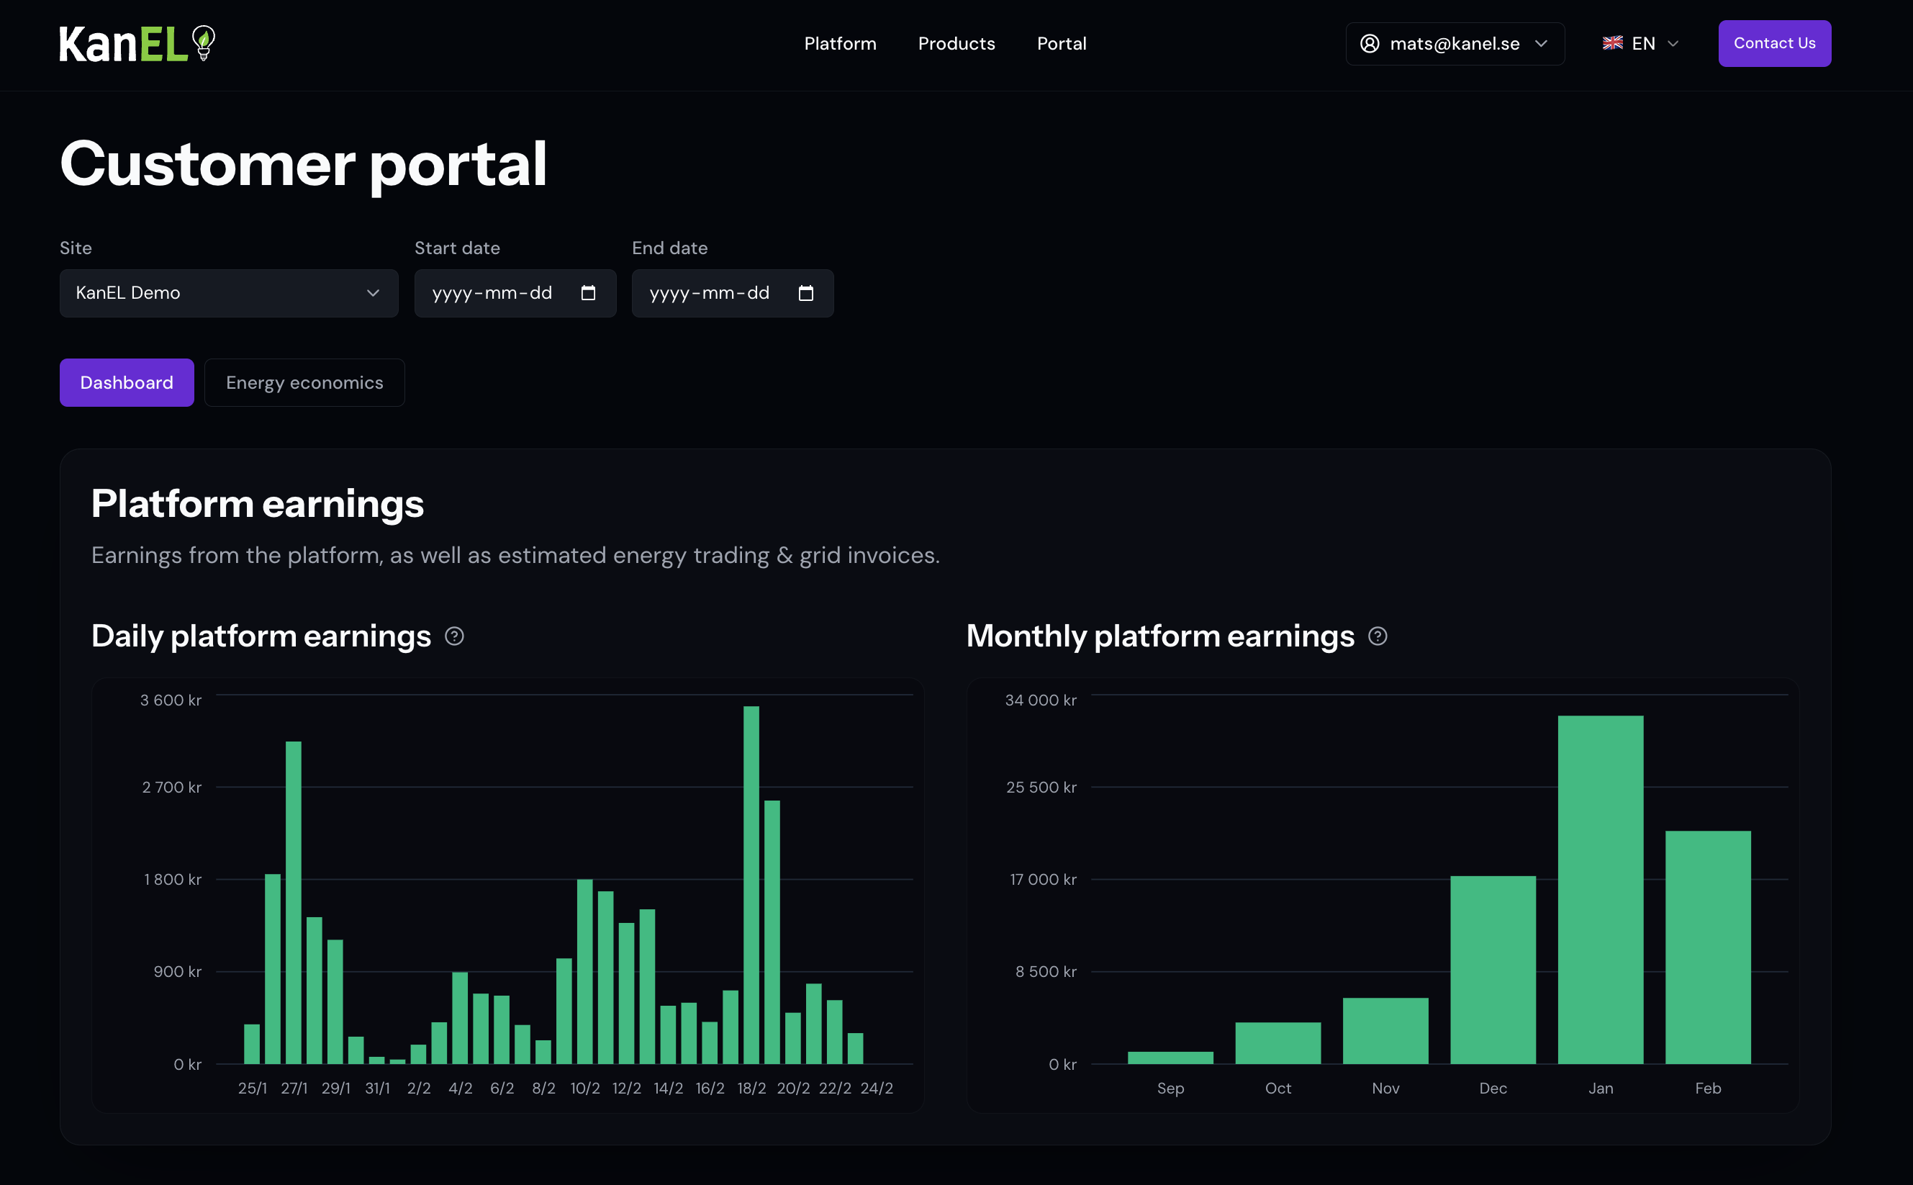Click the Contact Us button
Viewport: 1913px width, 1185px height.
tap(1773, 44)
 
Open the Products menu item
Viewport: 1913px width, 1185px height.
tap(956, 44)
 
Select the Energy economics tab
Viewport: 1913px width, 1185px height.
tap(304, 382)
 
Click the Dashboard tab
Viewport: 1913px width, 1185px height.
tap(127, 382)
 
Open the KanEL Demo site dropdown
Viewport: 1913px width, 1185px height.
tap(229, 293)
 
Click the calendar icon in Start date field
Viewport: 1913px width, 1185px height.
tap(588, 293)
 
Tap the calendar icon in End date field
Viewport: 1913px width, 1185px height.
tap(805, 293)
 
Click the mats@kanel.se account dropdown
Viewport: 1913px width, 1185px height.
tap(1454, 44)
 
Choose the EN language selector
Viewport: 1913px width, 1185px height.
tap(1640, 44)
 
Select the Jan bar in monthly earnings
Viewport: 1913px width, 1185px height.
tap(1600, 890)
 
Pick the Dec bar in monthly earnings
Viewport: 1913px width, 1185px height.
tap(1493, 970)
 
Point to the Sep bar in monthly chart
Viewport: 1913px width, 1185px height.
tap(1170, 1058)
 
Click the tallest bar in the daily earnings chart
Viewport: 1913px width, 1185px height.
tap(751, 885)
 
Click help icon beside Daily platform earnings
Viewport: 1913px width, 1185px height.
tap(454, 636)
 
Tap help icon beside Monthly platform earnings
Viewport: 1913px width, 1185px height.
tap(1377, 636)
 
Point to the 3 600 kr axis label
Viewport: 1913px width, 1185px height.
tap(171, 700)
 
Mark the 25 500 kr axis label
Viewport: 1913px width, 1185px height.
tap(1041, 787)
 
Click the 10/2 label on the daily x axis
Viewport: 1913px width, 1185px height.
tap(585, 1088)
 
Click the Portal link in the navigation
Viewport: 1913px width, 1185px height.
tap(1062, 44)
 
